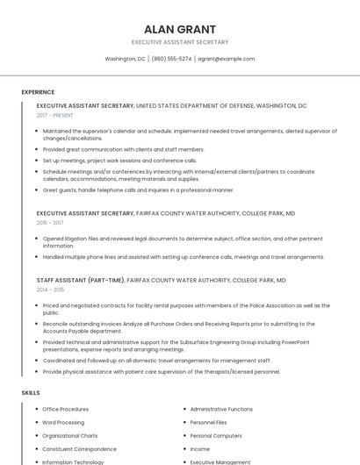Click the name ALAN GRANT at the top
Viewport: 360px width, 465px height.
[179, 29]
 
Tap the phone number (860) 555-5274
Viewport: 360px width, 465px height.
[171, 59]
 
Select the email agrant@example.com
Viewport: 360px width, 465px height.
[226, 59]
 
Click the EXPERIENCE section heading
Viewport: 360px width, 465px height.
[38, 92]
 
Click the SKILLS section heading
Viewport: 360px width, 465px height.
[31, 392]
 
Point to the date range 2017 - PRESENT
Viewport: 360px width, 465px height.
[55, 115]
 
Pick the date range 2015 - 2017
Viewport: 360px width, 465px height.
[51, 223]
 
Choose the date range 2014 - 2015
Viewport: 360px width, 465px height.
[51, 290]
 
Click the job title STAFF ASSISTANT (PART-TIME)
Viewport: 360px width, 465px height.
[80, 280]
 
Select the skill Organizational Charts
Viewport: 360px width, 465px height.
[70, 435]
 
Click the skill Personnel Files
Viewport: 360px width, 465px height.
[209, 422]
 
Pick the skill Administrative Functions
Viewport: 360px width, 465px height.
[221, 409]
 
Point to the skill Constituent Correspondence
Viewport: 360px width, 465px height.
[79, 448]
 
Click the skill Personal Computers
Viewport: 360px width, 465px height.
[215, 435]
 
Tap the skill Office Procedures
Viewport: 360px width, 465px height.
[66, 409]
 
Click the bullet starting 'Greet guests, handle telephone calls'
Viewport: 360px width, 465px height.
[138, 190]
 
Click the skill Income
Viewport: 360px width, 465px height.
[200, 448]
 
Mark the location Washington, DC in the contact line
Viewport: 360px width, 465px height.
[125, 59]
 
